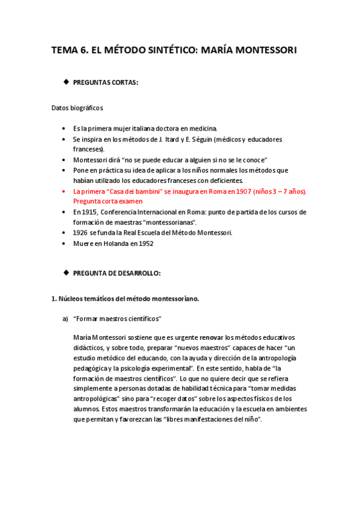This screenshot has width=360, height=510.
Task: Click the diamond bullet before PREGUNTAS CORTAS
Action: click(66, 81)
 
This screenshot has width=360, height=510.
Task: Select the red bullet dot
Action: click(64, 191)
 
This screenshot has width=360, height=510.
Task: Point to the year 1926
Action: click(80, 233)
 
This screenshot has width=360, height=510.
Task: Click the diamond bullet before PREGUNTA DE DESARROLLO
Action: click(66, 272)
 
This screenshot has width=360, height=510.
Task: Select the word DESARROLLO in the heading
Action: click(136, 273)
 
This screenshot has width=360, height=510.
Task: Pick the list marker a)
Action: click(66, 319)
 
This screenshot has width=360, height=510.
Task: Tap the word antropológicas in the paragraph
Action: click(98, 399)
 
